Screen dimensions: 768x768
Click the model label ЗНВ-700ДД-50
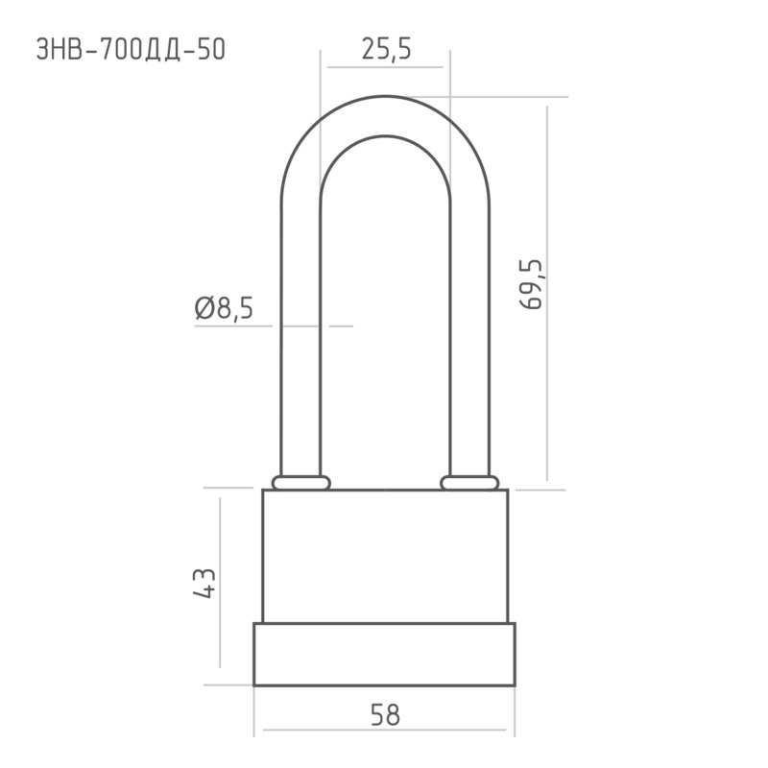(131, 50)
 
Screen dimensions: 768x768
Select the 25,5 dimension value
(387, 50)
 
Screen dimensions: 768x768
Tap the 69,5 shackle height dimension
(531, 284)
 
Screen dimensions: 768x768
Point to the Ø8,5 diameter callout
(224, 308)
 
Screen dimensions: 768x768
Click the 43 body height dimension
(204, 584)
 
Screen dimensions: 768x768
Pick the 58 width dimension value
(386, 714)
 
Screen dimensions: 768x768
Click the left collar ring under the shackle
(301, 483)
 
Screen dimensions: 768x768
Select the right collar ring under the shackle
(469, 483)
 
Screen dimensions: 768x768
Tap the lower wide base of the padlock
(385, 655)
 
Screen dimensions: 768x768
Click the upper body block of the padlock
(385, 556)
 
